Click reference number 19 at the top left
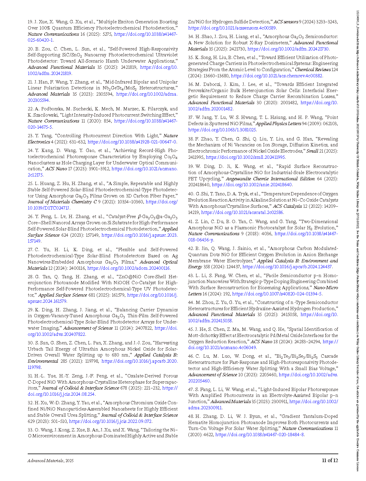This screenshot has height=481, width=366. point(30,22)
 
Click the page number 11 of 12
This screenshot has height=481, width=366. point(330,460)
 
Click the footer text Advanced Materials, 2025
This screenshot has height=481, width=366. point(50,461)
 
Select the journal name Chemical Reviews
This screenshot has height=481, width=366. point(313,70)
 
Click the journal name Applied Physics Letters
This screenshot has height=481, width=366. point(278,124)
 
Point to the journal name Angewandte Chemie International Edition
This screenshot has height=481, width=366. point(270,179)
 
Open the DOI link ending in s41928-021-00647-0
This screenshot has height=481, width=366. point(132,142)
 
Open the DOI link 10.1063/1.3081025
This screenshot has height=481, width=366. point(222,130)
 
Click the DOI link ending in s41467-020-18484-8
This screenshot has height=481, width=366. point(260,435)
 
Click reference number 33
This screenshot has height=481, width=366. point(30,430)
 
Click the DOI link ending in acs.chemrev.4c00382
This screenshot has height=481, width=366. point(277,76)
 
